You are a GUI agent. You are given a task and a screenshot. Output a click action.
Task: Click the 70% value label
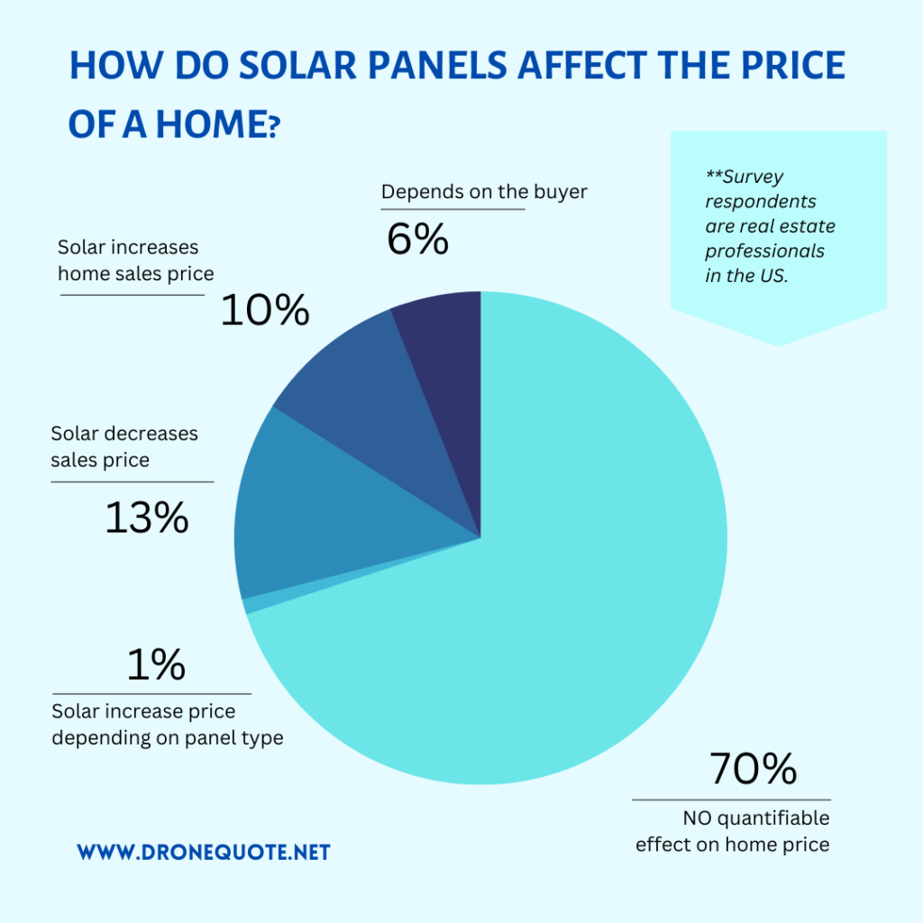click(x=753, y=769)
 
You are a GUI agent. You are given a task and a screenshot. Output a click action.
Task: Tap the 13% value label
click(x=147, y=517)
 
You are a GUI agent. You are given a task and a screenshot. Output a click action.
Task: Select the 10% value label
click(x=265, y=311)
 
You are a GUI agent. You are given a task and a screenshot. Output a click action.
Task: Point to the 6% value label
click(x=417, y=239)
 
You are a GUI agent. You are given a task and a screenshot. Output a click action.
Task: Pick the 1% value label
click(x=156, y=665)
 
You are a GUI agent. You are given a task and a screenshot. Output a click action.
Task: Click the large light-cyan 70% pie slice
click(x=577, y=586)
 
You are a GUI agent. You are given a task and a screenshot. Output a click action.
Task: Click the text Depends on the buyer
click(x=484, y=192)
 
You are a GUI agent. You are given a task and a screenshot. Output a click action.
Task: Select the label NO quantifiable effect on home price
click(x=732, y=831)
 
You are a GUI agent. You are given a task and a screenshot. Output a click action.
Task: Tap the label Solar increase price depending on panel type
click(x=167, y=725)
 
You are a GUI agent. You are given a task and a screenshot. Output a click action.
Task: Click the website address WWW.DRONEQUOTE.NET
click(x=203, y=852)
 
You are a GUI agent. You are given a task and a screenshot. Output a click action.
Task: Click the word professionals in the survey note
click(x=764, y=251)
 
